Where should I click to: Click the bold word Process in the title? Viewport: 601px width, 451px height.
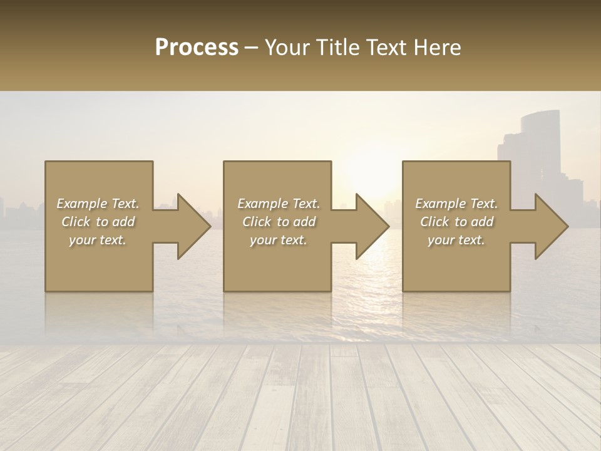click(x=197, y=48)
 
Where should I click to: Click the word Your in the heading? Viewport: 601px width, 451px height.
click(x=288, y=48)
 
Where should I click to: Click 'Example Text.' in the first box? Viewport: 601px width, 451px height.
click(x=98, y=204)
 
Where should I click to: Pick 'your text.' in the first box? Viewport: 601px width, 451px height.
click(x=98, y=240)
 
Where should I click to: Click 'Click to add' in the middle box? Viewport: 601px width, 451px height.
click(x=279, y=222)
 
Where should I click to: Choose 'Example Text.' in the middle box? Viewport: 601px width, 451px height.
click(x=279, y=204)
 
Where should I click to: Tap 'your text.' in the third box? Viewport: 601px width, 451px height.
click(x=456, y=240)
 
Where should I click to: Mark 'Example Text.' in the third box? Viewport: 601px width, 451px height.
click(x=456, y=204)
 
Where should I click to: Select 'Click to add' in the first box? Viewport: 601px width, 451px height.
click(x=98, y=222)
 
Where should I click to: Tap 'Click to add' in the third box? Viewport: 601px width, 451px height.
click(x=456, y=222)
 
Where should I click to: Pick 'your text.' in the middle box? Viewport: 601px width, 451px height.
click(x=279, y=240)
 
